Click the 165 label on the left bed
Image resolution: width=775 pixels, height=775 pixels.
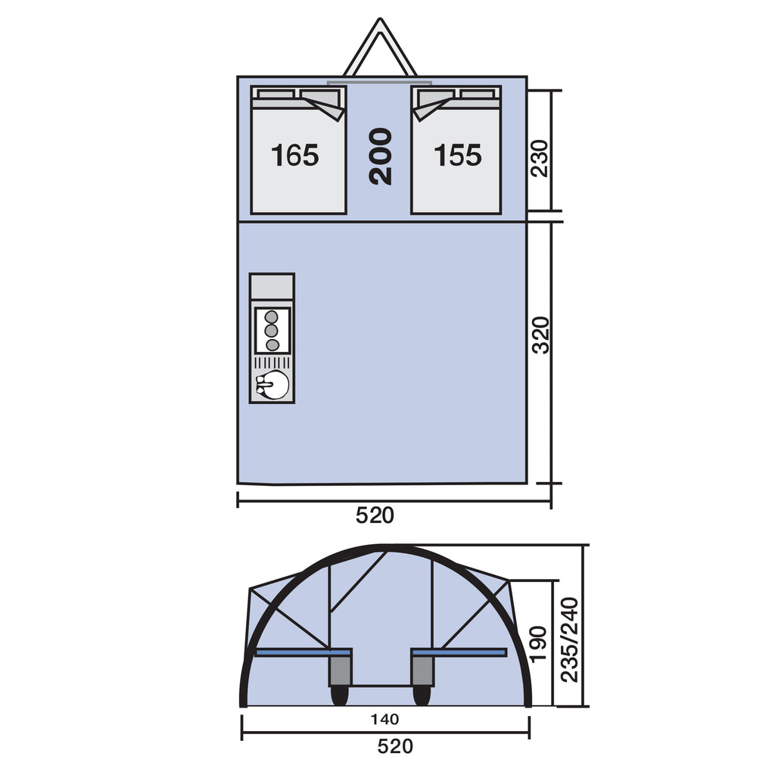tap(295, 155)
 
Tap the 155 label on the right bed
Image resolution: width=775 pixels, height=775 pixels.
tap(458, 155)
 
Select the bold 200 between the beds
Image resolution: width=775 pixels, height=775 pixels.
tap(381, 156)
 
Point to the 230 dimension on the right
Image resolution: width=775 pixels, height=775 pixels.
tap(540, 159)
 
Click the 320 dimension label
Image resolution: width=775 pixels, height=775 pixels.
tap(540, 335)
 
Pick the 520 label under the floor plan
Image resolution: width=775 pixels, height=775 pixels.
tap(375, 515)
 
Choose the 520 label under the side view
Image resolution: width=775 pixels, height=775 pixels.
tap(395, 746)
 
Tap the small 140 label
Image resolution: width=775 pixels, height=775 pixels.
tap(385, 719)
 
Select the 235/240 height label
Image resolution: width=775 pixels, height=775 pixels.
tap(569, 640)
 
